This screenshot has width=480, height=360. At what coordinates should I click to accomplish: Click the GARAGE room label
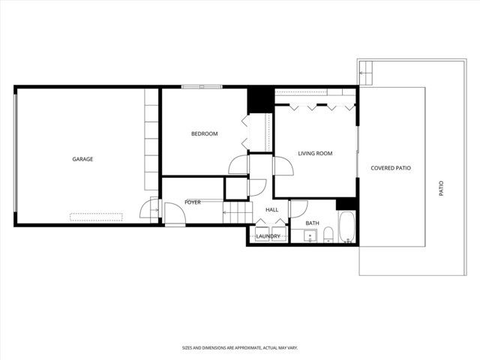coord(82,159)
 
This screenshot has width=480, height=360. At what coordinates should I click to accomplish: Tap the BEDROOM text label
coord(204,134)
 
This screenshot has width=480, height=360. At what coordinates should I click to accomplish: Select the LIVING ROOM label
coord(315,154)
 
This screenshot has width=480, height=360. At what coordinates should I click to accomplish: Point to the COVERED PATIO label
coord(391,168)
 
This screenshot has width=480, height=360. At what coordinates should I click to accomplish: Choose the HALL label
coord(271,210)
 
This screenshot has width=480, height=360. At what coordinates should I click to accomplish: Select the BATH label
coord(312,223)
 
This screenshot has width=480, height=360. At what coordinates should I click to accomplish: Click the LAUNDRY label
coord(268,237)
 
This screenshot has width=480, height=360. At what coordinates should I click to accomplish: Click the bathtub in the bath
coord(346,228)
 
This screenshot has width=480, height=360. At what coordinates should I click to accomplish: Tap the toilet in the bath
coord(327,238)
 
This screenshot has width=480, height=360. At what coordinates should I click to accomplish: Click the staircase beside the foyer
coord(234,214)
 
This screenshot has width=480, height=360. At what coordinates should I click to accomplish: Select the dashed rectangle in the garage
coord(96,217)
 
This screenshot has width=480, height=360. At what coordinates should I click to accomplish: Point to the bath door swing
coord(297,208)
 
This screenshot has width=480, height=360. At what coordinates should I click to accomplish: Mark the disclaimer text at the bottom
coord(239,348)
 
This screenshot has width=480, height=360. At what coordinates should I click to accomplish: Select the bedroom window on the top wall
coord(202,86)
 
